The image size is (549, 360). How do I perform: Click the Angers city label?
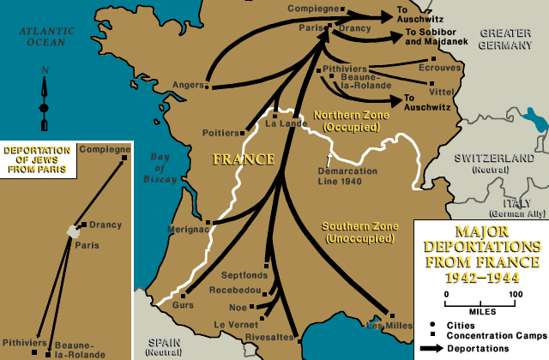coord(187,84)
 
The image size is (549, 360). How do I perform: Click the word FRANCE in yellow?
coord(244,159)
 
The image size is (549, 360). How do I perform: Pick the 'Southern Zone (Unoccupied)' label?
coord(359,231)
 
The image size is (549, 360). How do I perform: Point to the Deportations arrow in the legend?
coord(437,350)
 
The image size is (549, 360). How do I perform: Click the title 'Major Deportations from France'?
coord(480,255)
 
